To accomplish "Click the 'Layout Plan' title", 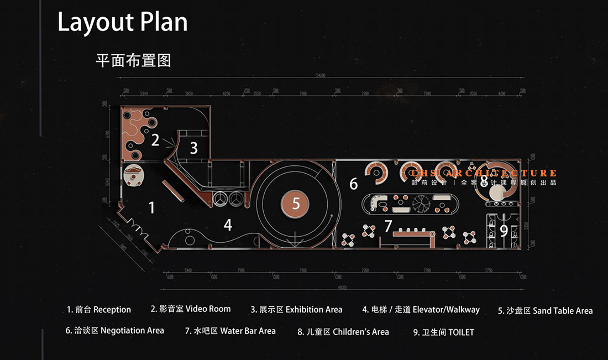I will [122, 22].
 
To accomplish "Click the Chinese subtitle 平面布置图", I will [133, 60].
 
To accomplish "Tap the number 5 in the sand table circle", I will [296, 204].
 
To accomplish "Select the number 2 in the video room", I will [155, 140].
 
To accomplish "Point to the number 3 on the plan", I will [193, 148].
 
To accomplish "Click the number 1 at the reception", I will [152, 208].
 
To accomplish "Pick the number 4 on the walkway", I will [228, 225].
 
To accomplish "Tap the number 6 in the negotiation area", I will [354, 184].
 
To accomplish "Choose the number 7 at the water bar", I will [388, 226].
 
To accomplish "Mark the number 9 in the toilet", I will [504, 231].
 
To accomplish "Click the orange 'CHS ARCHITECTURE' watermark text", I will [484, 174].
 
